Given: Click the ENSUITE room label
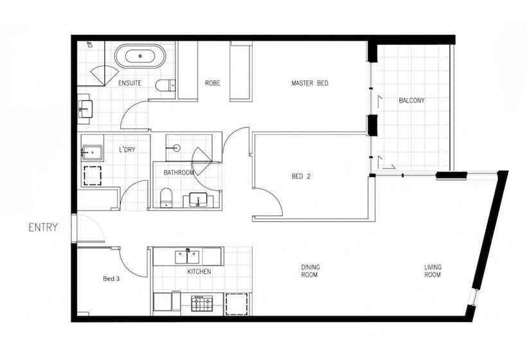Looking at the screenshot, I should (130, 83).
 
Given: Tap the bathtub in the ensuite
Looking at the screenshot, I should (140, 57).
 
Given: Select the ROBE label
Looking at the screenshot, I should (213, 83).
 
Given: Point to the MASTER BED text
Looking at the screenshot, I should (310, 83).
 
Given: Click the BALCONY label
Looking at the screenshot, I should (411, 100).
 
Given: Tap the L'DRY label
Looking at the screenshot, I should (127, 149).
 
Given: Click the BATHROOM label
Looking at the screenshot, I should (179, 172).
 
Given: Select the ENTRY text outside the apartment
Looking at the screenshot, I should (44, 227).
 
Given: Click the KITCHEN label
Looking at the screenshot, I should (199, 271).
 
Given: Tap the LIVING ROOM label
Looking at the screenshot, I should (433, 271).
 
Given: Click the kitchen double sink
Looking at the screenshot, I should (188, 257).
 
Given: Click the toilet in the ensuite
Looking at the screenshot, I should (166, 85).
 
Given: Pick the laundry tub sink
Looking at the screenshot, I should (92, 153).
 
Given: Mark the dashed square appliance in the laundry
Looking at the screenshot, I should (93, 175).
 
